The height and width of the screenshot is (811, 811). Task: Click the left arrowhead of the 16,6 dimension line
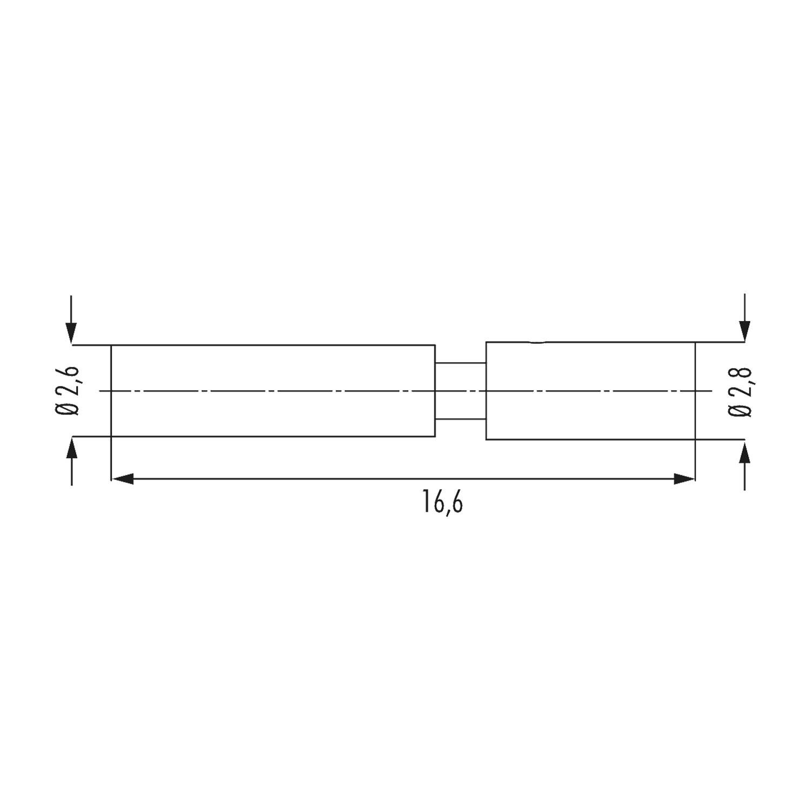(122, 478)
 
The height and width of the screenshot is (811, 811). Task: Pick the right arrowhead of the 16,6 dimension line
(684, 478)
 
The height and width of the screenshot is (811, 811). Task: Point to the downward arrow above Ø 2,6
(71, 319)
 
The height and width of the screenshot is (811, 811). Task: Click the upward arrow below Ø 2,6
(71, 461)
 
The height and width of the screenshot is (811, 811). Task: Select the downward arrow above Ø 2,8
(745, 317)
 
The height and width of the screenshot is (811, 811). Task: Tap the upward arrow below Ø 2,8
(745, 465)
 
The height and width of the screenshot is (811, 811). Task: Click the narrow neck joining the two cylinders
(461, 390)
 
